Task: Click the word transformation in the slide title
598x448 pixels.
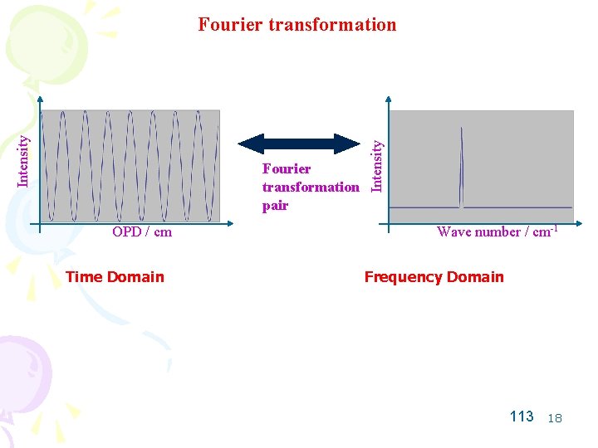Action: (331, 24)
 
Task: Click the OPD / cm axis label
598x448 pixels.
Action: (142, 232)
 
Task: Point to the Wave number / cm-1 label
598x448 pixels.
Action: (496, 231)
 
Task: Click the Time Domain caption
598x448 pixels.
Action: (115, 277)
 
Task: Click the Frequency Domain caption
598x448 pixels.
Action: (434, 277)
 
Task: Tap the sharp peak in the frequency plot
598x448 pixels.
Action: (462, 166)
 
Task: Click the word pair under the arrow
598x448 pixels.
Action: (275, 206)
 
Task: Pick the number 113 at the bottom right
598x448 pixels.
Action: (522, 416)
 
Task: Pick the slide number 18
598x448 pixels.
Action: (555, 418)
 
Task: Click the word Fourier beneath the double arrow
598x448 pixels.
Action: (287, 168)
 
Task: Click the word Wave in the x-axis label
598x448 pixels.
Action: (453, 232)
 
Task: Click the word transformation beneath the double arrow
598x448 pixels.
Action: (311, 187)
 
